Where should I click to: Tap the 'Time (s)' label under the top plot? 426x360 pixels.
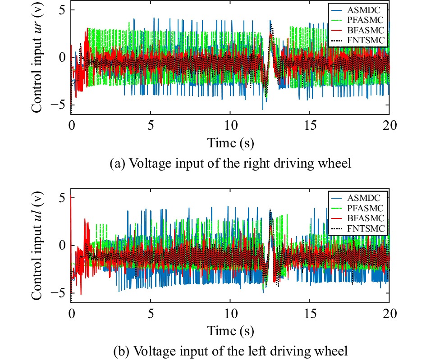[x=230, y=143]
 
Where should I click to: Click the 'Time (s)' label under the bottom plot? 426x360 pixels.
[x=230, y=331]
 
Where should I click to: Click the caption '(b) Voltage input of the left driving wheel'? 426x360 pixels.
[x=230, y=350]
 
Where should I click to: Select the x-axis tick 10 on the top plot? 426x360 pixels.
[x=230, y=125]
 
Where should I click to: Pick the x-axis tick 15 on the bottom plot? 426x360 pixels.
[x=310, y=313]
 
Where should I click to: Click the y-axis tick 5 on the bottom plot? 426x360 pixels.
[x=61, y=198]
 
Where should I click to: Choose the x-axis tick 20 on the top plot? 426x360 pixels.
[x=389, y=125]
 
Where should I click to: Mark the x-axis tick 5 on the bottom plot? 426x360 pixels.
[x=151, y=313]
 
